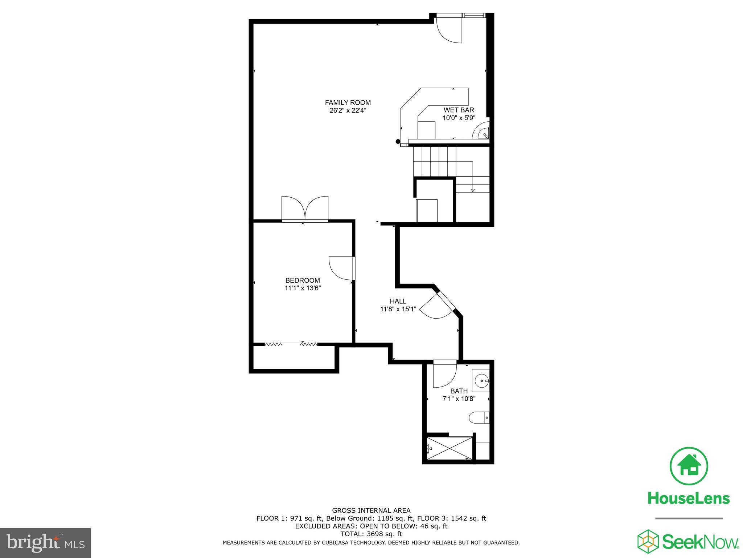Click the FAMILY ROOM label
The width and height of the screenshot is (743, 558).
tap(348, 103)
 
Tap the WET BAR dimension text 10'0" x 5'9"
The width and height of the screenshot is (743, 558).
tap(459, 118)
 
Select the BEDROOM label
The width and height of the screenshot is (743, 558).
tap(303, 280)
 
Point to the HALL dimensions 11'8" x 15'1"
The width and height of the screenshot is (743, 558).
tap(398, 309)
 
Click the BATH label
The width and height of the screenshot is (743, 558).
tap(459, 391)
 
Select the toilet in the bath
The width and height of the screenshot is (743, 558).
tap(479, 417)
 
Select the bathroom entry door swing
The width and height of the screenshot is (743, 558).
tap(444, 375)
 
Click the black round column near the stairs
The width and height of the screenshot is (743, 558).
tap(398, 142)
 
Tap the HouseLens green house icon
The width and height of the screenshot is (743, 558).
tap(689, 466)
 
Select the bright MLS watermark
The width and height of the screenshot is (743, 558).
tap(45, 543)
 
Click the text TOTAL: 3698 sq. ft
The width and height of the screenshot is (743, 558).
tap(371, 534)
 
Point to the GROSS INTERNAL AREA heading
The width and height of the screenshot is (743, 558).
tap(371, 510)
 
